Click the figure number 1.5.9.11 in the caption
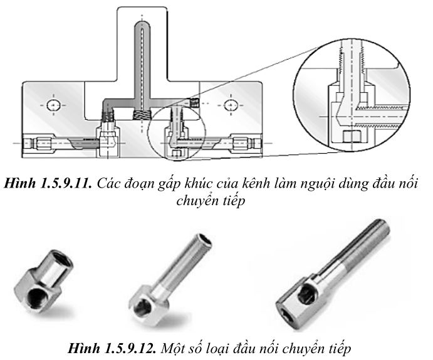66,184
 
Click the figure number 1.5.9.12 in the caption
130,348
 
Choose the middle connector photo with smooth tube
170,279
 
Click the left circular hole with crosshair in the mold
53,105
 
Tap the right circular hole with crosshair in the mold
230,105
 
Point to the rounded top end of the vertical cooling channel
142,24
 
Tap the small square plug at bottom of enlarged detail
352,137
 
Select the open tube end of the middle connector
204,240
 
